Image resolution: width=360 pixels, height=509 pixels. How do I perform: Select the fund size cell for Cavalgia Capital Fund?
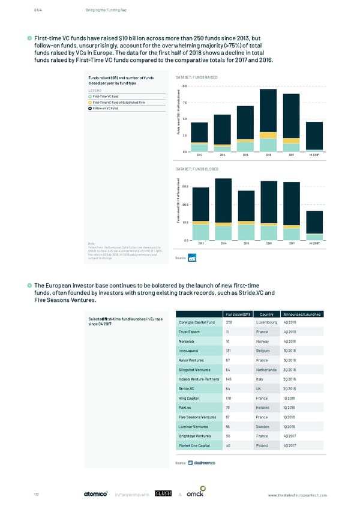(230, 322)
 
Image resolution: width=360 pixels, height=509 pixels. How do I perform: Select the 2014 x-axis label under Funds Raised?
(222, 155)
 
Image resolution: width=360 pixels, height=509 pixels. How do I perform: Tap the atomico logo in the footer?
(95, 494)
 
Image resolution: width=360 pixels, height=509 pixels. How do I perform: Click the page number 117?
(37, 494)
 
